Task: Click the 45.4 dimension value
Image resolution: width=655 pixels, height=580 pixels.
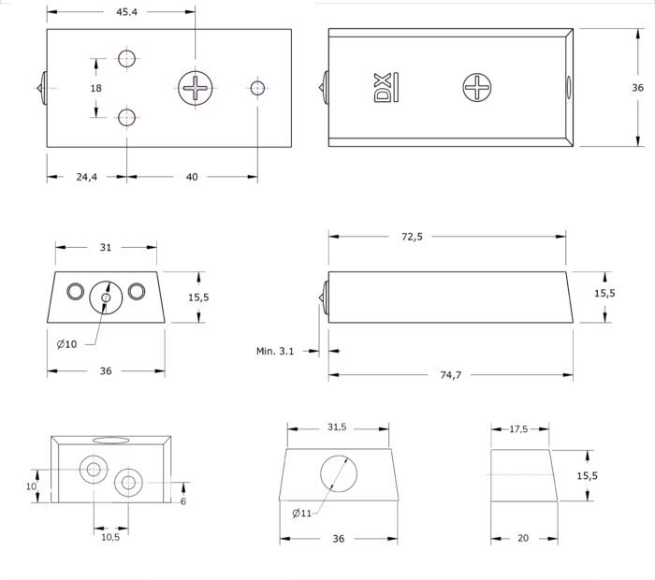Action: [126, 12]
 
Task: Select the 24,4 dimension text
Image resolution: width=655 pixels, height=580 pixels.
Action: [87, 177]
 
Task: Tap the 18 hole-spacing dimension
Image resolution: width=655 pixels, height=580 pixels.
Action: [96, 88]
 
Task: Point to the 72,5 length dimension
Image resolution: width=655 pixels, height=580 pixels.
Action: [413, 237]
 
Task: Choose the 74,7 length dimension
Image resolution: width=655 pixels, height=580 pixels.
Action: [451, 375]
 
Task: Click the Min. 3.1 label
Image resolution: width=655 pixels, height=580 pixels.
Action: [275, 351]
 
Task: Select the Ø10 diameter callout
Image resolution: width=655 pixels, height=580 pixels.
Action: [66, 344]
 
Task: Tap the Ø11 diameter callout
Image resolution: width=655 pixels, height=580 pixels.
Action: [302, 514]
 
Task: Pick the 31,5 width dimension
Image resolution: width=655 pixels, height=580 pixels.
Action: [337, 428]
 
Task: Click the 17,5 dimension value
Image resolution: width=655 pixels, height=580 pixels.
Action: [518, 429]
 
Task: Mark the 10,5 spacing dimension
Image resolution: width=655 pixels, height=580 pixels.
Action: [110, 537]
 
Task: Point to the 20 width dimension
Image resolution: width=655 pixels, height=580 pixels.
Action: [523, 538]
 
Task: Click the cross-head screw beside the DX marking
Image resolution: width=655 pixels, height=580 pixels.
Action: [477, 88]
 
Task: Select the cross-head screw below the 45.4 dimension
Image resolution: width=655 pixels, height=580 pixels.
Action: [195, 88]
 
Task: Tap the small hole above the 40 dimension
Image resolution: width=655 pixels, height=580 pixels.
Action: [257, 88]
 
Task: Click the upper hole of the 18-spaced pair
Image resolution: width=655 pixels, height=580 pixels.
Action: [126, 58]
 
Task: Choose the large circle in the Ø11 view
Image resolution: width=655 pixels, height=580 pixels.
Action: [339, 474]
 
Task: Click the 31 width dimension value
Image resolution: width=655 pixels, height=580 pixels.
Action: [106, 248]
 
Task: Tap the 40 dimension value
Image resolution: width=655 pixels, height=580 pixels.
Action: [192, 177]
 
